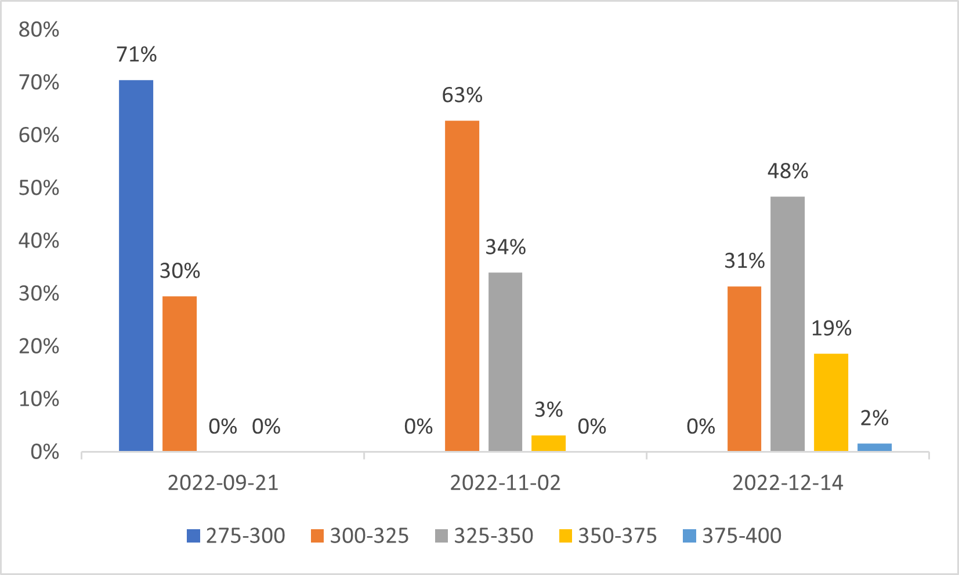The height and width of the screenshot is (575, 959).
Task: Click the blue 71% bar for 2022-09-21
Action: tap(136, 265)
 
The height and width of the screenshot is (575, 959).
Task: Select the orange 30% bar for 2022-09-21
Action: tap(179, 374)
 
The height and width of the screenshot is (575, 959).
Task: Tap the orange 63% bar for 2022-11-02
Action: tap(462, 286)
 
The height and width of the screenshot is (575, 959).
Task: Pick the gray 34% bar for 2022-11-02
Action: tap(505, 362)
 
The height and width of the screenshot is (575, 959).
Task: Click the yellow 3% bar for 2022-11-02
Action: tap(548, 443)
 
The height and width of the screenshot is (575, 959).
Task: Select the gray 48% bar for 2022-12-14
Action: tap(787, 323)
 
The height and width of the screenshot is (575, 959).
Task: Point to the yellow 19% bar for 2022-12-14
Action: tap(831, 402)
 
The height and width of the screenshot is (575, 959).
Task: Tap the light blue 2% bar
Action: tap(874, 447)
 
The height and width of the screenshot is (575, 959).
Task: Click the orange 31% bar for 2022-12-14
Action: tap(744, 369)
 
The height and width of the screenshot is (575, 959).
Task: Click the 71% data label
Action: tap(136, 54)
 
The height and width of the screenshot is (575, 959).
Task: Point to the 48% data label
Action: tap(787, 171)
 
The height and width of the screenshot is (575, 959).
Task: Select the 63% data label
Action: tap(462, 95)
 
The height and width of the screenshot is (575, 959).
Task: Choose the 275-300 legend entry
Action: tap(236, 536)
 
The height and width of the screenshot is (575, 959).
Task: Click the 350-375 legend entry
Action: tap(608, 536)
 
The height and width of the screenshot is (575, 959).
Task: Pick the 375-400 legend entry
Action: tap(732, 536)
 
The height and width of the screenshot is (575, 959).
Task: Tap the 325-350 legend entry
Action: tap(484, 536)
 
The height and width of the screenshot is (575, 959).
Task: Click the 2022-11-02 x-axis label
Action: tap(505, 483)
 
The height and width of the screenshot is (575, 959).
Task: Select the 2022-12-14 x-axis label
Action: tap(787, 483)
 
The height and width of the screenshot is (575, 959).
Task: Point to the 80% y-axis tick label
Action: tap(39, 30)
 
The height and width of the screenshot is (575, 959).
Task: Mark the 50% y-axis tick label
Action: tap(39, 188)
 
